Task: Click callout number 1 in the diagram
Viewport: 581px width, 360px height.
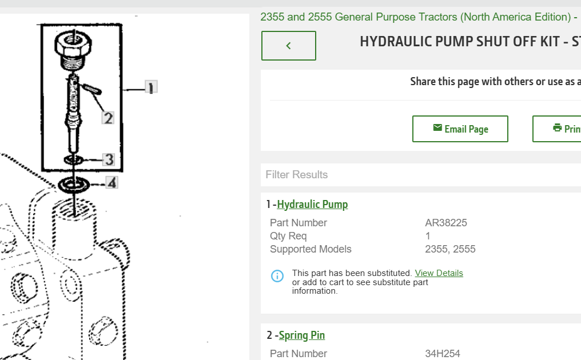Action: coord(151,87)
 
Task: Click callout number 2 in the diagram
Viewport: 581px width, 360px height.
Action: coord(108,118)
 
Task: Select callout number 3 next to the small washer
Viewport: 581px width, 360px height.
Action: coord(109,159)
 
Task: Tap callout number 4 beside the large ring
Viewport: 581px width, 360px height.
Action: coord(112,183)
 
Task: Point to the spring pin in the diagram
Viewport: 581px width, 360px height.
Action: coord(92,89)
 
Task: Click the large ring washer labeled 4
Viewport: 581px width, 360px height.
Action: coord(74,185)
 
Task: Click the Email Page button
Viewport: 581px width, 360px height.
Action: coord(460,129)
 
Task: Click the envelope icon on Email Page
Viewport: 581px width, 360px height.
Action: coord(437,128)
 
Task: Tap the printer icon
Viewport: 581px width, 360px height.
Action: coord(558,128)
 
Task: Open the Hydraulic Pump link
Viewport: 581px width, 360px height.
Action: coord(312,205)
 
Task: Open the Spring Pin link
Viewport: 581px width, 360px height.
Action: coord(301,335)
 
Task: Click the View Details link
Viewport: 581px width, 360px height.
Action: coord(439,273)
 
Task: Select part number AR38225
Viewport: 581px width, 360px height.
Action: coord(445,223)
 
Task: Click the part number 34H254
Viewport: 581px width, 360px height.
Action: coord(443,354)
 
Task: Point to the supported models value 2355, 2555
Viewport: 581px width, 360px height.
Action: coord(450,249)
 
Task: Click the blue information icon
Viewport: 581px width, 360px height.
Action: coord(277,276)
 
